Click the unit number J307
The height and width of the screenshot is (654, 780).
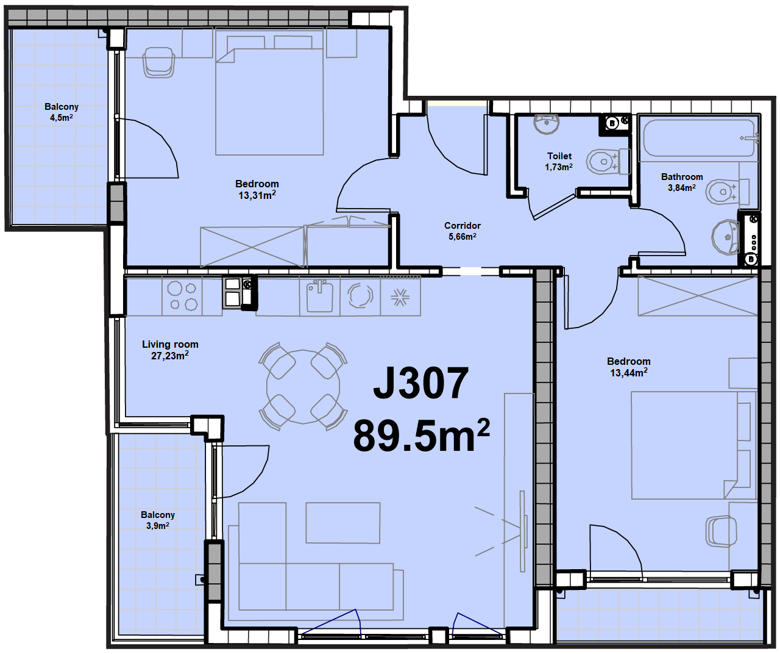[420, 383]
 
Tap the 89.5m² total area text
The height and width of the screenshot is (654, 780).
[421, 435]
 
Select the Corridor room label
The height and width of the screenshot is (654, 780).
[462, 231]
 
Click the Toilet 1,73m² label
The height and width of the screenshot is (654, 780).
[559, 162]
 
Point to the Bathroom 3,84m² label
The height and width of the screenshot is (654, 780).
[682, 182]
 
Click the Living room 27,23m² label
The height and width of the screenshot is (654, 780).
[170, 350]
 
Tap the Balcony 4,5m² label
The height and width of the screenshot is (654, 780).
[62, 112]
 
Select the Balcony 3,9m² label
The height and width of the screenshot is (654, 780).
[158, 520]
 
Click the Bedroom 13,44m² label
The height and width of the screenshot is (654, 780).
[629, 367]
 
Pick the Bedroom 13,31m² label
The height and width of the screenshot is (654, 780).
[257, 189]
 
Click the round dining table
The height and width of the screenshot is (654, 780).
[303, 387]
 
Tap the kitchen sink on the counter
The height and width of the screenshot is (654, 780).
[319, 296]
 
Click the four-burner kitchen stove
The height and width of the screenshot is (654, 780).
[182, 296]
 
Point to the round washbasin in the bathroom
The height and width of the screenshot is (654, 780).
[726, 237]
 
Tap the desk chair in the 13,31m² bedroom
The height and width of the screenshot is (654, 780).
[159, 62]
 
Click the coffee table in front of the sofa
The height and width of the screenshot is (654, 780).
[343, 523]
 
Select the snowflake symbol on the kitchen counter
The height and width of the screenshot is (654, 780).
[400, 298]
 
